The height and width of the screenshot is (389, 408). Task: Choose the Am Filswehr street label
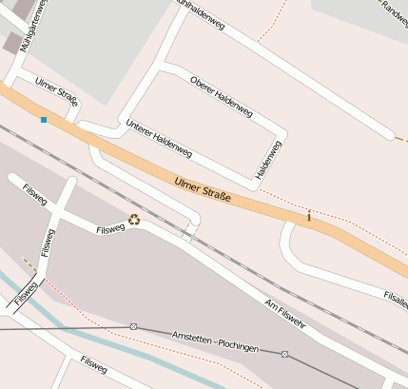(x=284, y=314)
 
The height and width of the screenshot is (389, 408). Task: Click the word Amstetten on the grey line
(x=193, y=340)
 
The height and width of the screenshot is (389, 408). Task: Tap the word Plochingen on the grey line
(x=237, y=348)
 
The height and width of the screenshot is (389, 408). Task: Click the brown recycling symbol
(x=134, y=220)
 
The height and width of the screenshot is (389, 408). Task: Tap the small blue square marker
(x=43, y=119)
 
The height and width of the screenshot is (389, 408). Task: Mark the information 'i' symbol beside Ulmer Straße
(x=308, y=217)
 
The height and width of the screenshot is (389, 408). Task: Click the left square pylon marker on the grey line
(x=134, y=326)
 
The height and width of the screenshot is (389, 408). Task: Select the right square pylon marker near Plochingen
(x=284, y=355)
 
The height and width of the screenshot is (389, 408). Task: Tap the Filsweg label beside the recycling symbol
(x=110, y=228)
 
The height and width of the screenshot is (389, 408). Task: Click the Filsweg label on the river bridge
(x=26, y=296)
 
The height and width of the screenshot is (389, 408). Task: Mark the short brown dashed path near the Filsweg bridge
(x=29, y=265)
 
